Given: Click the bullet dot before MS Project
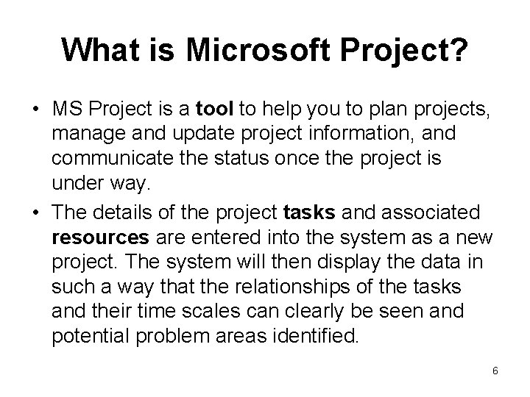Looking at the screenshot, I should [35, 110].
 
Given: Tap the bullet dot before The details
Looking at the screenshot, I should [35, 213].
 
